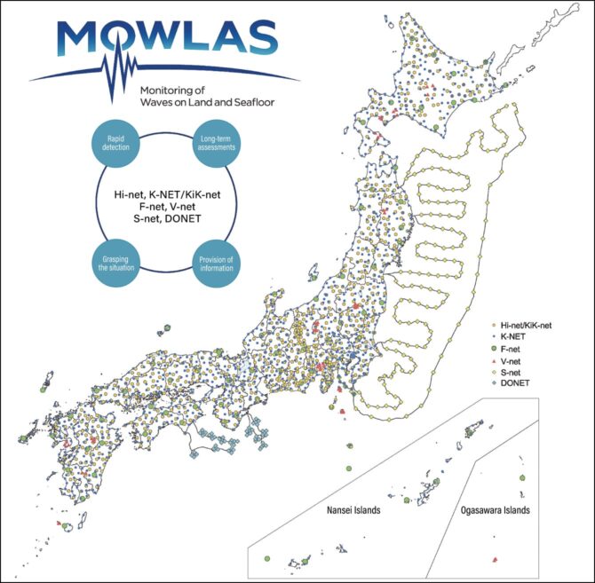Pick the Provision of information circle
click(x=217, y=264)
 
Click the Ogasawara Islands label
click(x=496, y=511)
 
